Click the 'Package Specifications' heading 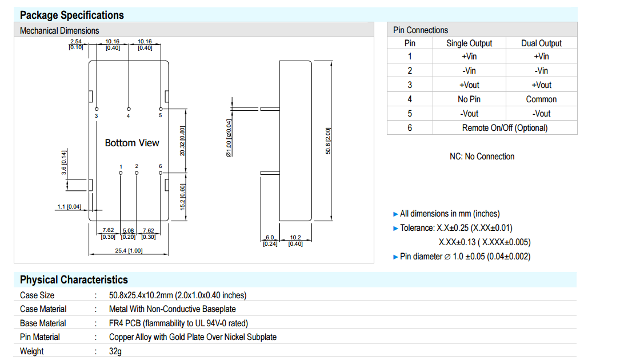(71, 15)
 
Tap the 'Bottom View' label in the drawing (132, 143)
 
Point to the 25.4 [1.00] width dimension (129, 251)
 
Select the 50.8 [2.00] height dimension (328, 141)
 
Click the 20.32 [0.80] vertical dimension (182, 141)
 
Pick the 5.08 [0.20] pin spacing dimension (128, 234)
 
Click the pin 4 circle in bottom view (129, 109)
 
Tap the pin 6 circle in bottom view (161, 173)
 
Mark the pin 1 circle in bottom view (121, 173)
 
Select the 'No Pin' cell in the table (469, 99)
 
